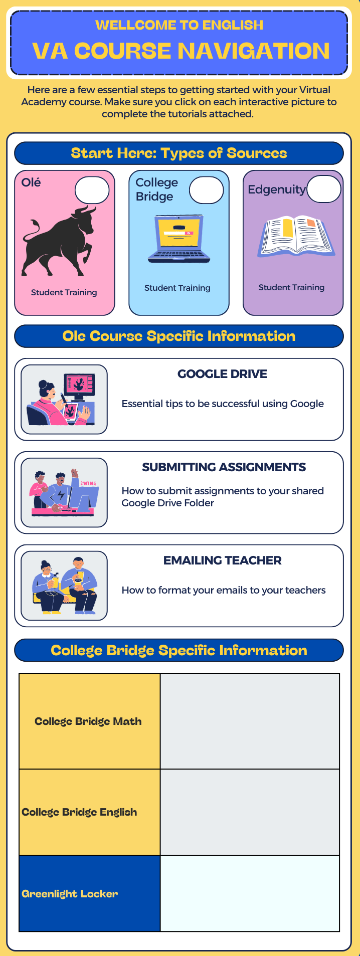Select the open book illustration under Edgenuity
click(x=296, y=237)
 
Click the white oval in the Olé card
click(x=92, y=190)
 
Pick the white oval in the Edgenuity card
click(x=324, y=189)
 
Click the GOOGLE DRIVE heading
click(x=223, y=374)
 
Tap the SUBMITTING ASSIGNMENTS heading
click(x=224, y=467)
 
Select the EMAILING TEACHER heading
click(x=223, y=560)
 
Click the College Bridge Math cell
click(x=90, y=721)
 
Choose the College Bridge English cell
click(x=90, y=812)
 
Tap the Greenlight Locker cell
click(x=90, y=893)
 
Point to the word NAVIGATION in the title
click(x=254, y=51)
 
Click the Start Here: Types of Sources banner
click(x=179, y=153)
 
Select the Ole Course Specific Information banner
click(x=179, y=336)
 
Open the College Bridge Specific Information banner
click(x=179, y=651)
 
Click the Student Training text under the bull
click(x=64, y=292)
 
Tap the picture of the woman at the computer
click(x=64, y=399)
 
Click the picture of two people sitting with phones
click(x=64, y=586)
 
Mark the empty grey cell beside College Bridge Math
click(x=250, y=721)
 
